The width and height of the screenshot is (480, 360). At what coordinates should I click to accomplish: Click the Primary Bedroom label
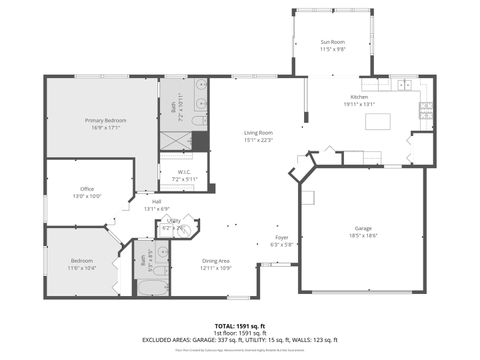pos(103,120)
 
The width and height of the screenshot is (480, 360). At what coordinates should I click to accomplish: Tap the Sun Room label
pos(332,42)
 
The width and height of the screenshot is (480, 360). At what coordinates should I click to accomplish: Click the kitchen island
pos(378,122)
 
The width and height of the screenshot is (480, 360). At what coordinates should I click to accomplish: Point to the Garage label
pos(363,228)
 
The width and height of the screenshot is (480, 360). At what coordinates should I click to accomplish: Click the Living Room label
pos(258,133)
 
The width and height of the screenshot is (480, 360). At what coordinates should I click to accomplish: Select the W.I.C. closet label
pos(185,172)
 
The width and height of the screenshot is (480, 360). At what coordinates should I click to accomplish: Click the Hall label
pos(157,202)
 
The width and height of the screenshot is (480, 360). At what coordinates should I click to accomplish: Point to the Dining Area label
pos(217,262)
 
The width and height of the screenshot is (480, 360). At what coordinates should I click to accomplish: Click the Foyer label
pos(283,238)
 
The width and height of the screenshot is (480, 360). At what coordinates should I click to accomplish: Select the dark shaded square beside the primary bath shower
pos(201,141)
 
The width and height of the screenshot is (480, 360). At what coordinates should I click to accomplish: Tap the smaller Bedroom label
pos(82,262)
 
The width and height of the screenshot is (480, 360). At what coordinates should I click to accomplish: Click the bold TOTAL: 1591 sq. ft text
pos(239,326)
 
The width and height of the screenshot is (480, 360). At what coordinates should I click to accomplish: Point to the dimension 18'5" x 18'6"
pos(363,235)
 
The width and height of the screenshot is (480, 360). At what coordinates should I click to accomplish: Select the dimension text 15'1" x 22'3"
pos(258,140)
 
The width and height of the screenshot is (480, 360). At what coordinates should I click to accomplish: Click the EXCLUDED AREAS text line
pos(239,341)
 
